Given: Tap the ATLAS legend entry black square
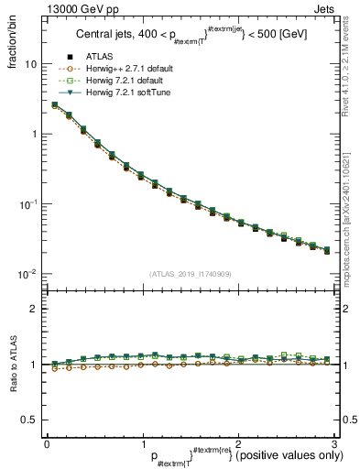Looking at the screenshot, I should pyautogui.click(x=70, y=58).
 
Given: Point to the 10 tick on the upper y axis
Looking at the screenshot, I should pyautogui.click(x=32, y=65).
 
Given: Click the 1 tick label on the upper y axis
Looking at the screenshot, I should pyautogui.click(x=35, y=135).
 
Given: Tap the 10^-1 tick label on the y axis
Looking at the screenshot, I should pyautogui.click(x=30, y=204).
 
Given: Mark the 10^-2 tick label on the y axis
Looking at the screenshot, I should pyautogui.click(x=30, y=274).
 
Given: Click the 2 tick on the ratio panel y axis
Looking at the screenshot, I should pyautogui.click(x=35, y=309).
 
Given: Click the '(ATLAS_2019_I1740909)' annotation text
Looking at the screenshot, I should pyautogui.click(x=190, y=273).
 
